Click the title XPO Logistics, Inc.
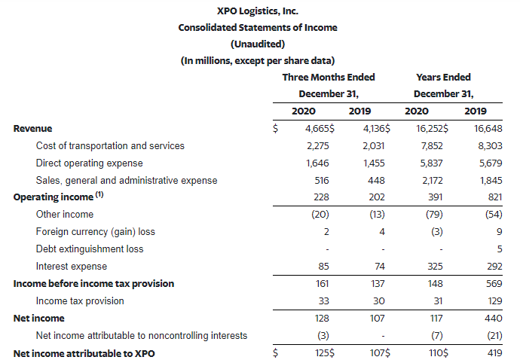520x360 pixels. tap(258, 11)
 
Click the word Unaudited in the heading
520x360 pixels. tap(258, 44)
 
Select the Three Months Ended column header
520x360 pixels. tap(329, 78)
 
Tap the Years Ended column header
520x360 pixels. tap(443, 78)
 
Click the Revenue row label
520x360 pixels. tap(32, 129)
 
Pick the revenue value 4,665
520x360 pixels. tap(317, 129)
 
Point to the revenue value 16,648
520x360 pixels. tap(488, 129)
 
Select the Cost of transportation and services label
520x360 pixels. tap(110, 146)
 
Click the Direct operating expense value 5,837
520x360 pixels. tap(432, 163)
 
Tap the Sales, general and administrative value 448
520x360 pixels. tap(376, 180)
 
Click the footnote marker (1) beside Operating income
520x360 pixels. tap(99, 194)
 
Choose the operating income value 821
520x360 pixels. tap(495, 197)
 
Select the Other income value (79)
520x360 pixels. tap(434, 215)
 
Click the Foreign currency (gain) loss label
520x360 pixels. tap(96, 232)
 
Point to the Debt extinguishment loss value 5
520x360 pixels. tap(500, 249)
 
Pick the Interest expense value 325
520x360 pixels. tap(435, 266)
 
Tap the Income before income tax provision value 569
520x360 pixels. tap(494, 283)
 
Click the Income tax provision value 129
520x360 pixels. tap(495, 301)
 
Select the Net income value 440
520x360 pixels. tap(493, 319)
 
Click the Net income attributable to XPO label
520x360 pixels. tap(84, 353)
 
